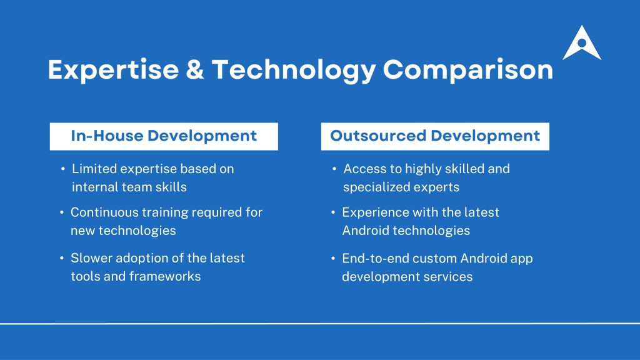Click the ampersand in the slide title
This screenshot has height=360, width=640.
click(195, 69)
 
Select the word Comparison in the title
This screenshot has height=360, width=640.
click(467, 70)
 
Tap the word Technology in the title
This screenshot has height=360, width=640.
click(294, 70)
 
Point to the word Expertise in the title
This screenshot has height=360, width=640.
click(114, 70)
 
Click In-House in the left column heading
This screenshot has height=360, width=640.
click(107, 136)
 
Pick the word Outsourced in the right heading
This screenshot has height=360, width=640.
click(378, 136)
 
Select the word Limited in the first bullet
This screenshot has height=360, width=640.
click(94, 169)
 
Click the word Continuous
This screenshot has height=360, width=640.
click(104, 212)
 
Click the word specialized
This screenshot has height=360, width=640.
click(376, 187)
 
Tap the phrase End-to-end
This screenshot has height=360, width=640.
click(376, 258)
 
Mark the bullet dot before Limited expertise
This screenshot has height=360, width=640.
click(63, 168)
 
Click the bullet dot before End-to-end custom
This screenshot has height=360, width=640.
click(334, 258)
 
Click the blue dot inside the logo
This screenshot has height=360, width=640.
click(582, 43)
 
